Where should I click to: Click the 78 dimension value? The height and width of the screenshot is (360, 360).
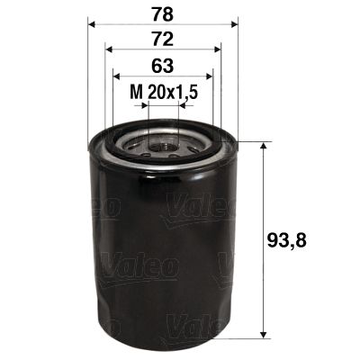163,15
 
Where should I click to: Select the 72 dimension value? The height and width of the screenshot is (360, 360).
163,40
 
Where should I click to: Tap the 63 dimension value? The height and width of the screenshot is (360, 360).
163,66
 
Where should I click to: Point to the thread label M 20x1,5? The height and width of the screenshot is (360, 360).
162,91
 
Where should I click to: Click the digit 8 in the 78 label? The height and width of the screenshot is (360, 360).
170,15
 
